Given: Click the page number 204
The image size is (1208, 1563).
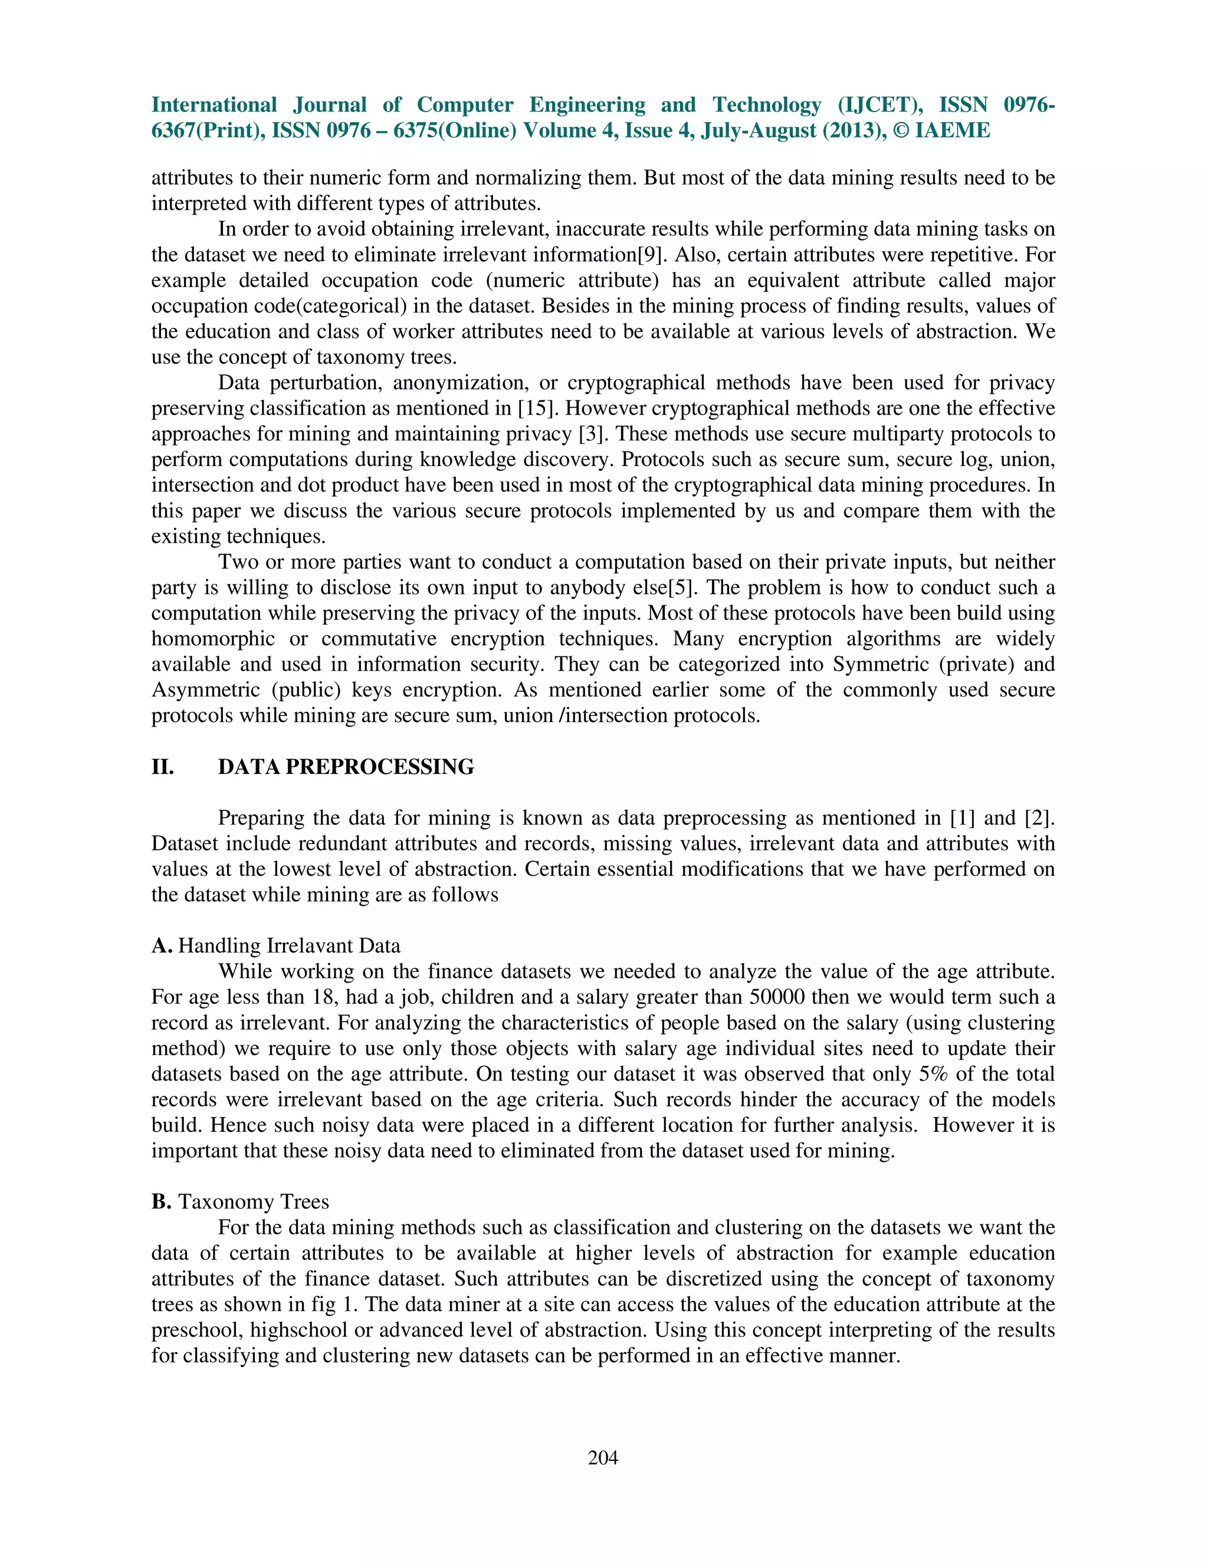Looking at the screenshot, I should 603,1458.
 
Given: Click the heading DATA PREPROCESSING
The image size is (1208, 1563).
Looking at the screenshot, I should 346,767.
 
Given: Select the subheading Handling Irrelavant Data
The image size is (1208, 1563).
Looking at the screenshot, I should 289,945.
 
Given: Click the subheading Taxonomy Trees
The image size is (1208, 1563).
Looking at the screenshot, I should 253,1201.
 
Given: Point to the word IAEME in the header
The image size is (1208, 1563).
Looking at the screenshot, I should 953,130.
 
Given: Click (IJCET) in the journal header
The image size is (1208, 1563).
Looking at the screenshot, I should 879,104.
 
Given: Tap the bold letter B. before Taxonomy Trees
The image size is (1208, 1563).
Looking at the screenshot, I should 161,1201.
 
